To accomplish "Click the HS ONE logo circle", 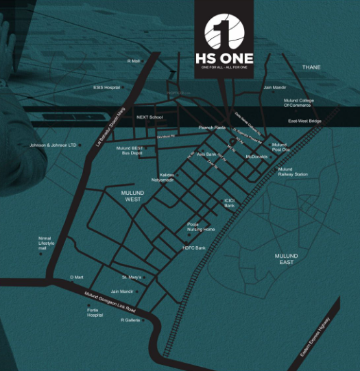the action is click(224, 32).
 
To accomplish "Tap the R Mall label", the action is click(133, 61).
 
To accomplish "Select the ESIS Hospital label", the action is click(107, 87).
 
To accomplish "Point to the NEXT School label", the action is click(149, 117).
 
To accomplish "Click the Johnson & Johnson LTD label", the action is click(52, 145).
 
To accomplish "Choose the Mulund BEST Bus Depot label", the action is click(129, 150).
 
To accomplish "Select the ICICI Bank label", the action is click(230, 203).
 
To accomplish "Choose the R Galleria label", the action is click(130, 320).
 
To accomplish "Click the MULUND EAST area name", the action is click(286, 259).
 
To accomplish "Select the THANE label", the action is click(311, 67).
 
